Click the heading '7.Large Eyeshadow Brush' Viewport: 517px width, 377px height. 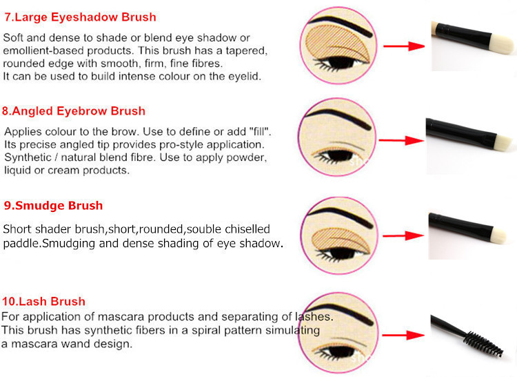[80, 17]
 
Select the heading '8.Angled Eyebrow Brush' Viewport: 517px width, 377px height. [74, 111]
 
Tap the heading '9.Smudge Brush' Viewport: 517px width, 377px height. [53, 205]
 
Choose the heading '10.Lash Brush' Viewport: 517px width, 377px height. [43, 301]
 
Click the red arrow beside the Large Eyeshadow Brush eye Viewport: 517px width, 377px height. [404, 46]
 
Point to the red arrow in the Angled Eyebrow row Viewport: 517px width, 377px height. [401, 141]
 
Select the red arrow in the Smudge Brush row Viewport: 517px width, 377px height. [403, 235]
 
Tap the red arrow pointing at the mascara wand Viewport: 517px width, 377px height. [403, 336]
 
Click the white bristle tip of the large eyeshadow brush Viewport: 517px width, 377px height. [502, 43]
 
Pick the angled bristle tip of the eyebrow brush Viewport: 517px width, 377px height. [503, 142]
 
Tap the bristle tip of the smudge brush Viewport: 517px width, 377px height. [499, 235]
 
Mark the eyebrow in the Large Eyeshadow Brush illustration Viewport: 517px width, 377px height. [341, 24]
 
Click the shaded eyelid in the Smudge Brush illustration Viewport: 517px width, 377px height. [341, 240]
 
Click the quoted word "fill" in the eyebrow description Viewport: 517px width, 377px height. [261, 132]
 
